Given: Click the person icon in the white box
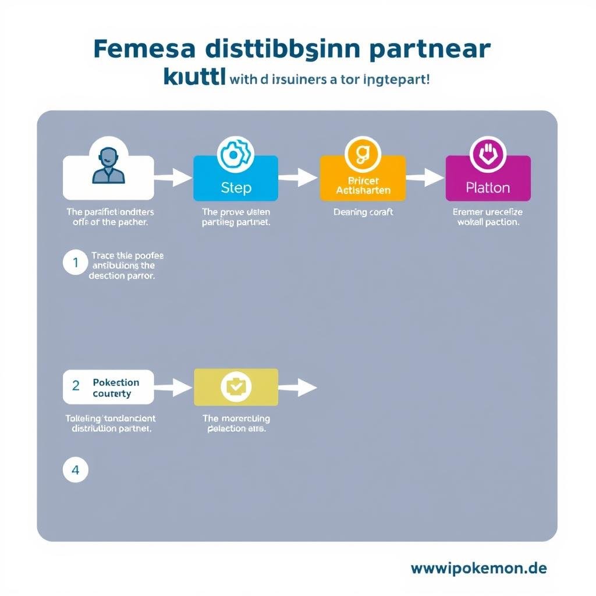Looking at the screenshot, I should pos(108,166).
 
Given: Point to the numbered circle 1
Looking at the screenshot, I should pos(75,263).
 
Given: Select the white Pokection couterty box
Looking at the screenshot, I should pos(108,387).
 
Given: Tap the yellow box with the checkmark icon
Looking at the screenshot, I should pos(236,386).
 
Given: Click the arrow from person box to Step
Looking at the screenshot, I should pos(173,177).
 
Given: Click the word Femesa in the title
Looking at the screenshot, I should pos(141,49).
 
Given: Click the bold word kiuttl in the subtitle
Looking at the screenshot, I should pos(194,78).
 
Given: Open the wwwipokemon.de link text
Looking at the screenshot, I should pos(478,568).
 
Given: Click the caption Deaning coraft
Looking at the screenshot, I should pos(363,212).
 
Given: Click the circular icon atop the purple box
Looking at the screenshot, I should pos(488,154).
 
